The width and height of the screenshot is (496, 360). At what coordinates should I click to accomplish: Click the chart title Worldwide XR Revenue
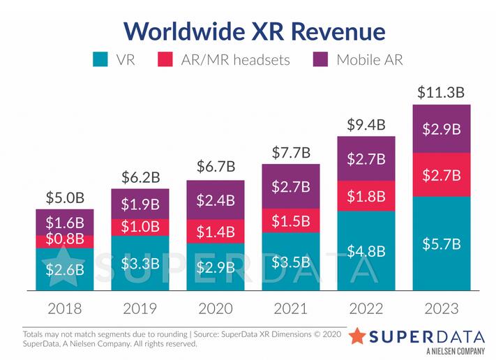(x=255, y=31)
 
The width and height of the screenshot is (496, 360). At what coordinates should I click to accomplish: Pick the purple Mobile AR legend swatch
(x=320, y=59)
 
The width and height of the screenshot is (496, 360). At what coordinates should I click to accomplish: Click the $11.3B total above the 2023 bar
(x=441, y=92)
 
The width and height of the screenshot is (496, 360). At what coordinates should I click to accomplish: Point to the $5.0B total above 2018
(x=65, y=197)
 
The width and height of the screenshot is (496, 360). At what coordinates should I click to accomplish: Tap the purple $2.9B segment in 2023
(x=441, y=129)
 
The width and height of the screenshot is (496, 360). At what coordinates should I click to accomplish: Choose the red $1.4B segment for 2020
(x=216, y=232)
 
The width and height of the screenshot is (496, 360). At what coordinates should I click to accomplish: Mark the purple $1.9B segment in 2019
(x=140, y=204)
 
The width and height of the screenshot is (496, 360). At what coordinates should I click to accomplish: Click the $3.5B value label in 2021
(x=291, y=263)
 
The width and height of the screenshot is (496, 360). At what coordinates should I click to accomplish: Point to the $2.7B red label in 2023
(x=441, y=174)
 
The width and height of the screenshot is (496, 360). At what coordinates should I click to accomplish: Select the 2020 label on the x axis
(x=216, y=308)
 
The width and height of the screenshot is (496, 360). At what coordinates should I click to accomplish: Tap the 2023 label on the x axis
(x=441, y=308)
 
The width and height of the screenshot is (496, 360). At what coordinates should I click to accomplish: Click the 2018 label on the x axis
(x=65, y=308)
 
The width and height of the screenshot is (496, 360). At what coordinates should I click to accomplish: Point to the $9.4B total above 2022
(x=366, y=124)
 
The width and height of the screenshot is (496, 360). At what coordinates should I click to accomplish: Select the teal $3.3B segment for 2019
(x=140, y=263)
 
